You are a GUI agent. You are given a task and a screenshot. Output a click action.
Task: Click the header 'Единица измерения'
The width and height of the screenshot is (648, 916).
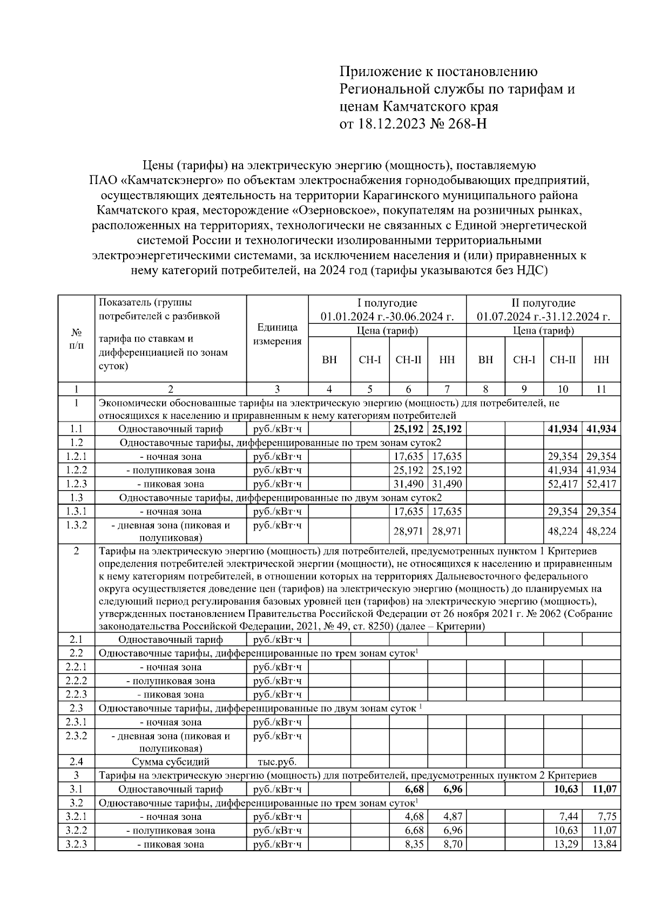point(277,335)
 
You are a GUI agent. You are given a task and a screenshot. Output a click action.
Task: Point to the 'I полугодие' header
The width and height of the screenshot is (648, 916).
point(387,303)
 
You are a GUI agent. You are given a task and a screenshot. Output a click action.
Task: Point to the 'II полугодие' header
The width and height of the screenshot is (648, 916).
point(543,303)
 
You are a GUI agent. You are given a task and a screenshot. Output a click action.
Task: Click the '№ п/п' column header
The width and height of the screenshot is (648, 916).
point(76,338)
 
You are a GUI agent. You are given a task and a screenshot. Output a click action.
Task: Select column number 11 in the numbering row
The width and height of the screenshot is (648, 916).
point(601,389)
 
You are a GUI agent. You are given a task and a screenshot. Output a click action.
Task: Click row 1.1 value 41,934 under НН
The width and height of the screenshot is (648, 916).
point(601,429)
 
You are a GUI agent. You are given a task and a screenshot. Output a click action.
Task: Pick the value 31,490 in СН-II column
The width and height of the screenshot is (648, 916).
point(408,484)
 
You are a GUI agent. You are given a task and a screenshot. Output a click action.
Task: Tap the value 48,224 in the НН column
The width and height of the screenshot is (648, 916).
point(601,531)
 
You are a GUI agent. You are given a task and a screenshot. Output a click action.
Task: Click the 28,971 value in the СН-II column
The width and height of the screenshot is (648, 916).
point(408,531)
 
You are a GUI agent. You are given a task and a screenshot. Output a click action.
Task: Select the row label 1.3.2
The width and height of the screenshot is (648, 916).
point(76,525)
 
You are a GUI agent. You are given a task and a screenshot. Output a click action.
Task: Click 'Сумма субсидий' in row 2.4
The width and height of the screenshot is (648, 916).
point(170,762)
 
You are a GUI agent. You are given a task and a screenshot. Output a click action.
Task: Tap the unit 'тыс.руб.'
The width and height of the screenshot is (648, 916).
point(277,762)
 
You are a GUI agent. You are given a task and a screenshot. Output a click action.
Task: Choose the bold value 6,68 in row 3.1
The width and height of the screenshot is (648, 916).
point(414,790)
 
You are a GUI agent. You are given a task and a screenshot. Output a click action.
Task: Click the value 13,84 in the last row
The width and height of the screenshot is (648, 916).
point(604,844)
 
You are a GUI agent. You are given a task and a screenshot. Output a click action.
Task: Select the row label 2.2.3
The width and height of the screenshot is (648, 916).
point(76,694)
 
